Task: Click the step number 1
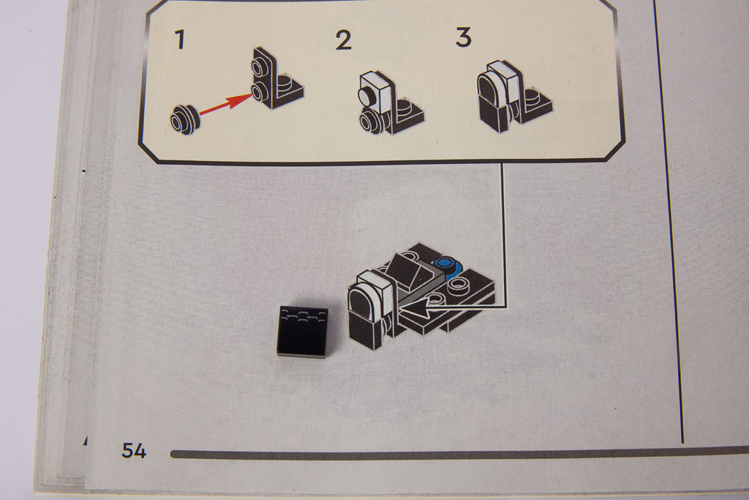click(x=180, y=40)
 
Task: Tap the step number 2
click(x=344, y=40)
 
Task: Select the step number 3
click(x=463, y=37)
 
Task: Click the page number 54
click(x=134, y=450)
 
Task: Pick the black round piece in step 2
click(x=370, y=120)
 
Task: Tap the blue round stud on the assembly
click(x=447, y=263)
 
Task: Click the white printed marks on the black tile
click(x=305, y=315)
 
